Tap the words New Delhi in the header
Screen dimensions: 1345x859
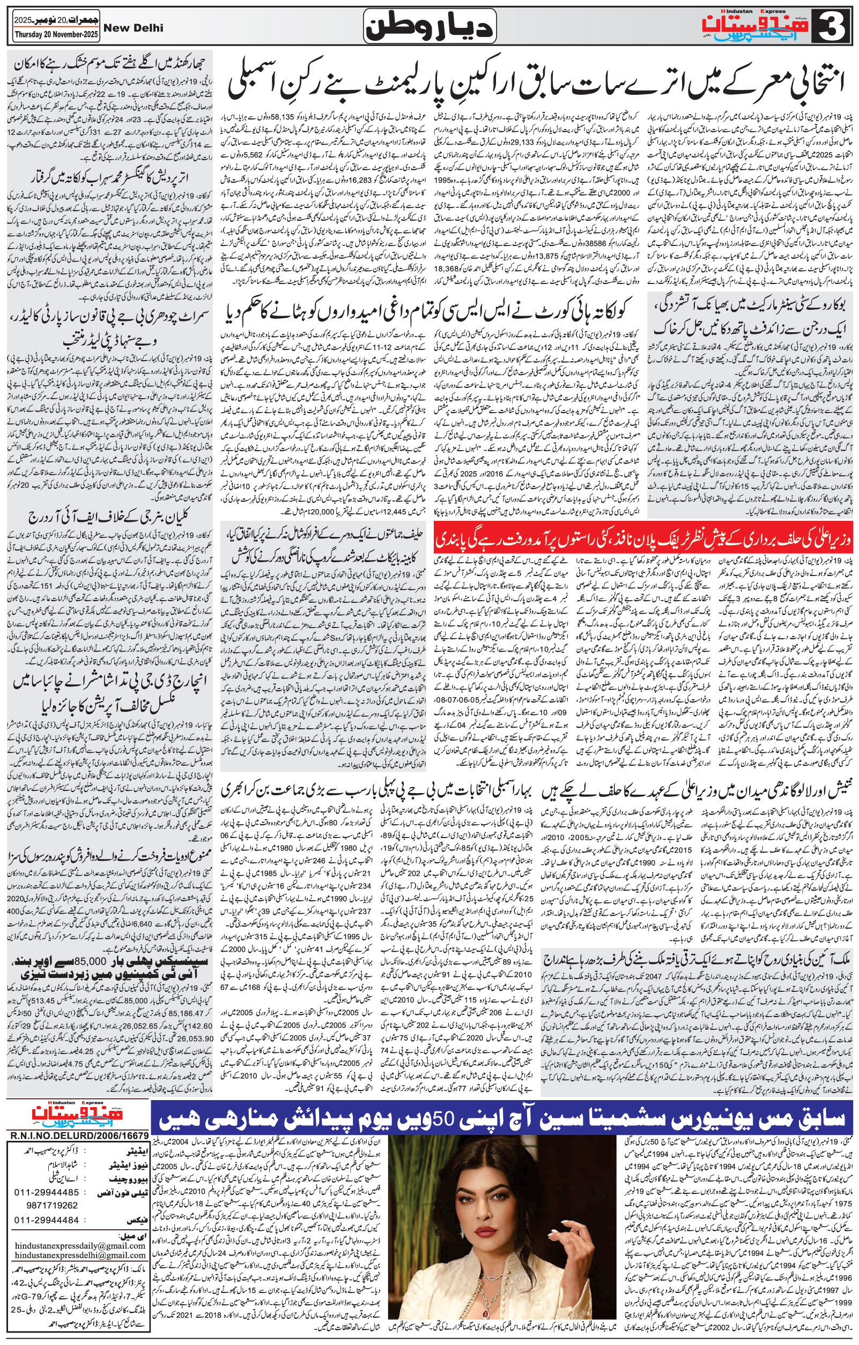point(141,28)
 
